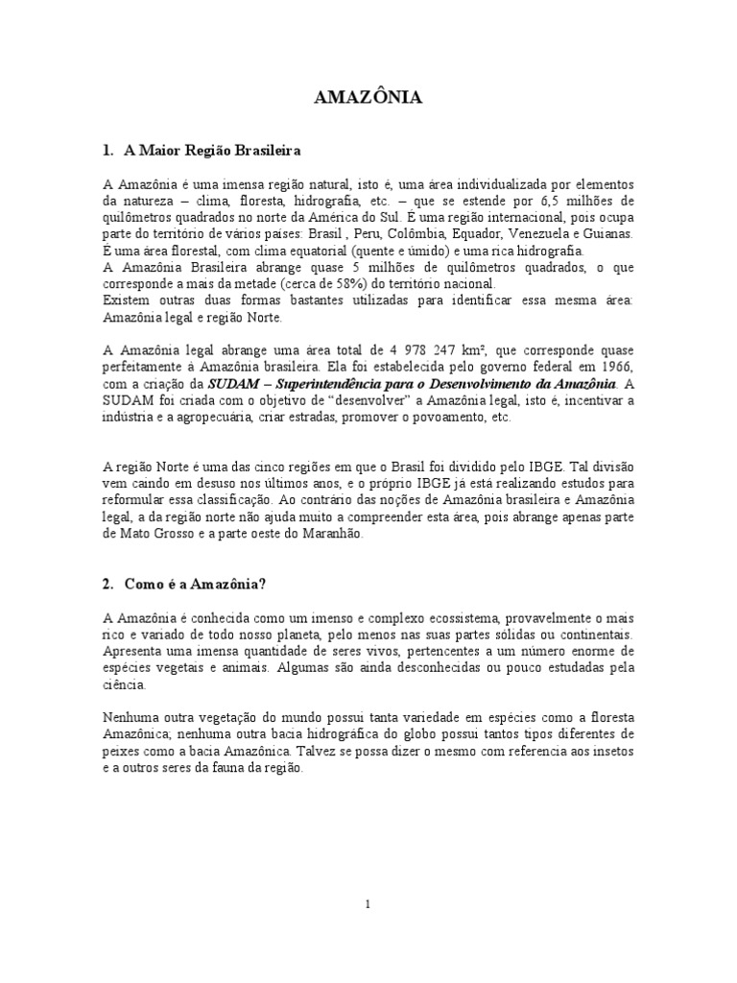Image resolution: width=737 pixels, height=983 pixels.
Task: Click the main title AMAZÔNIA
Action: pyautogui.click(x=368, y=99)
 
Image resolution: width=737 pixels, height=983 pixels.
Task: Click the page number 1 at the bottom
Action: pyautogui.click(x=368, y=904)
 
